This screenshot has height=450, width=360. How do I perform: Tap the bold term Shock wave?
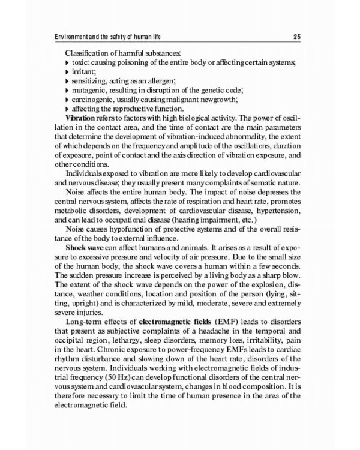tap(88, 263)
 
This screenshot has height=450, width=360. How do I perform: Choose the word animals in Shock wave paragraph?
tap(187, 263)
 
